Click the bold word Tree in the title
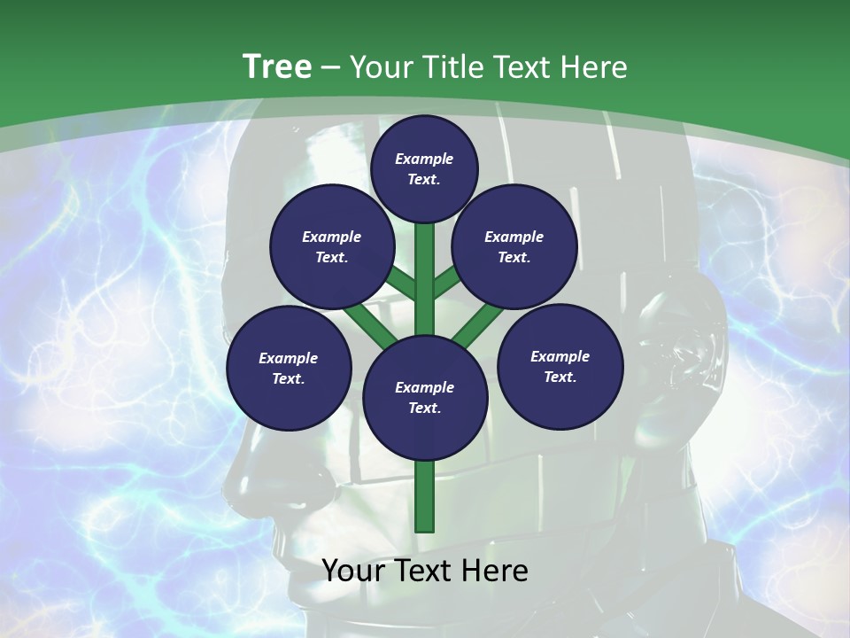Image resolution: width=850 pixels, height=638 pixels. coord(277,67)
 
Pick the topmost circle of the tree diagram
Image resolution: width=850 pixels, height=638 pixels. coord(424,168)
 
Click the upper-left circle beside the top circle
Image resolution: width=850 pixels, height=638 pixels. coord(331,247)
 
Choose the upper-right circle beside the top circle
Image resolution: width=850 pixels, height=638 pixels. coord(514,247)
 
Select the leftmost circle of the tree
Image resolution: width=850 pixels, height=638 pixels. coord(289,368)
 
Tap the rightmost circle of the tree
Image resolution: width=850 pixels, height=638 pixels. coord(560,366)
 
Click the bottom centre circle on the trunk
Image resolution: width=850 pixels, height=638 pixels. coord(424,398)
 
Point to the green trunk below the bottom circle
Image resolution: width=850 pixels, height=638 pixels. coord(425,496)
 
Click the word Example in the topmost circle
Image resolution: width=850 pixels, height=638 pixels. coord(424,159)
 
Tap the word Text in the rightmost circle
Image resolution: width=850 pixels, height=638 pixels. coord(560,377)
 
